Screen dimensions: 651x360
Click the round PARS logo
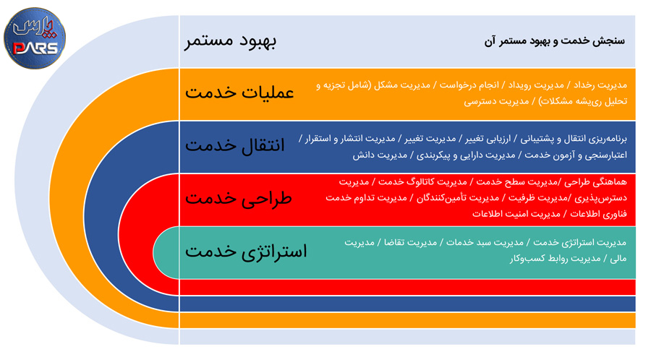(35, 38)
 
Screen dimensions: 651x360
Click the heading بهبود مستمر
(231, 40)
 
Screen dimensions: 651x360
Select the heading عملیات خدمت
(239, 92)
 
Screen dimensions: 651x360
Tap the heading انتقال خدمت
(235, 145)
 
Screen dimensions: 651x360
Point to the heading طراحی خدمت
(238, 198)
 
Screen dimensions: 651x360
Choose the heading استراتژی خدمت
(246, 252)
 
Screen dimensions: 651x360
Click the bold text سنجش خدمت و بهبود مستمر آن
(555, 40)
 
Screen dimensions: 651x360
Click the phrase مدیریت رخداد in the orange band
(600, 85)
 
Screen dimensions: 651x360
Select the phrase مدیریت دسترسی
(496, 101)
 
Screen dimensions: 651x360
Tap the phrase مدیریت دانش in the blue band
(380, 155)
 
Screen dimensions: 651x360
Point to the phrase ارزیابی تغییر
(488, 139)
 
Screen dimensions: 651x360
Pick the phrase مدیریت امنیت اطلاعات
(516, 214)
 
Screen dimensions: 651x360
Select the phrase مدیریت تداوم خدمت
(366, 198)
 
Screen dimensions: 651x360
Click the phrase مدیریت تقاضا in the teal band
(410, 242)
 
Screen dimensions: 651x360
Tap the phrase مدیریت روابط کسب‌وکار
(555, 258)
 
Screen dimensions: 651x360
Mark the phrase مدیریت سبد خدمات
(485, 242)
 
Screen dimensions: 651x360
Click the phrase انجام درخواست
(469, 85)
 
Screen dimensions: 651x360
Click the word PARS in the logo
(35, 48)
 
